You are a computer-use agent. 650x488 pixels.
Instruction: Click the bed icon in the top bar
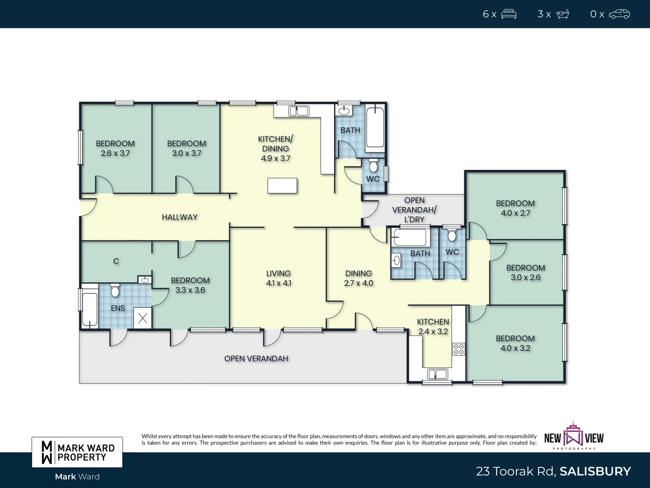509,14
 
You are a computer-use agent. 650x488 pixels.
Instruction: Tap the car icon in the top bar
619,14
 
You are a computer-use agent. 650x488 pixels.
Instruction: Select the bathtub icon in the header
563,14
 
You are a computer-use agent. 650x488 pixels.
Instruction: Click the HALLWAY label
180,217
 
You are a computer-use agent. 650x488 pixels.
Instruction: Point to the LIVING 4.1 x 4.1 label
279,278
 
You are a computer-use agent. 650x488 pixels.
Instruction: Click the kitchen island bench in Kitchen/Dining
282,186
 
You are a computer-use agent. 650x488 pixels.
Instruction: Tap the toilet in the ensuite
115,291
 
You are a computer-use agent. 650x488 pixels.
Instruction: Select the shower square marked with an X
143,318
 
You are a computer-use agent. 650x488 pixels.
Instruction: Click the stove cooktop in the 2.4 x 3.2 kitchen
459,349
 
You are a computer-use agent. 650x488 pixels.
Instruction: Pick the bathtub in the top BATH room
375,127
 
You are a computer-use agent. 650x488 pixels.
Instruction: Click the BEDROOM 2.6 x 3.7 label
115,148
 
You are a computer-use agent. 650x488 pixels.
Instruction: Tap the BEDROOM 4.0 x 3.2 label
515,343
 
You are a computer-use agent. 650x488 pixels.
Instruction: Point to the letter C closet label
116,261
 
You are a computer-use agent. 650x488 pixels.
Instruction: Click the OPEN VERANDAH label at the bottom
256,359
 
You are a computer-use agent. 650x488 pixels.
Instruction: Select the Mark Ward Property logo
77,452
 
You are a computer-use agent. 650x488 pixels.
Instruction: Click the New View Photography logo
574,436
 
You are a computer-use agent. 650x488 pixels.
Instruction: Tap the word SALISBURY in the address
595,471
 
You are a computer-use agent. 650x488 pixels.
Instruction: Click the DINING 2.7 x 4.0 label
358,278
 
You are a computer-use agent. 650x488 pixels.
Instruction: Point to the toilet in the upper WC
373,165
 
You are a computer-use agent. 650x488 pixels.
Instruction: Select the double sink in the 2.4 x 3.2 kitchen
437,374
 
